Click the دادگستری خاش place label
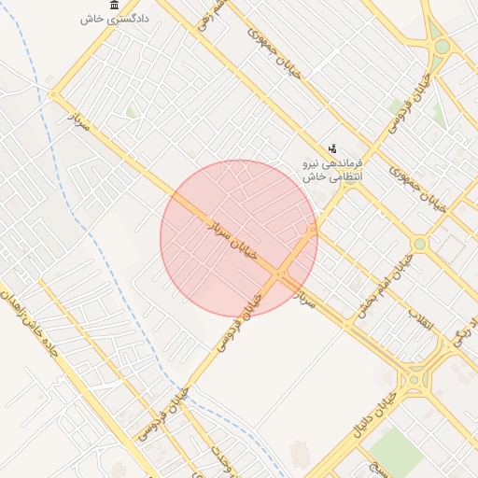click(x=104, y=19)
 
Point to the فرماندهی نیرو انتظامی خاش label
click(x=332, y=169)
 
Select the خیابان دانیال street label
click(x=372, y=416)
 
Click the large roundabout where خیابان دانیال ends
click(x=412, y=380)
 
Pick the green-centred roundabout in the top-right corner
click(x=442, y=47)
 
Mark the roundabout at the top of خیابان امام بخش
click(x=419, y=244)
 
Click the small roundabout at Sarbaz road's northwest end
click(x=53, y=94)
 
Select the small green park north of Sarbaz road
click(x=132, y=113)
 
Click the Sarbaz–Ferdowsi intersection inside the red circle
click(x=280, y=274)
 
